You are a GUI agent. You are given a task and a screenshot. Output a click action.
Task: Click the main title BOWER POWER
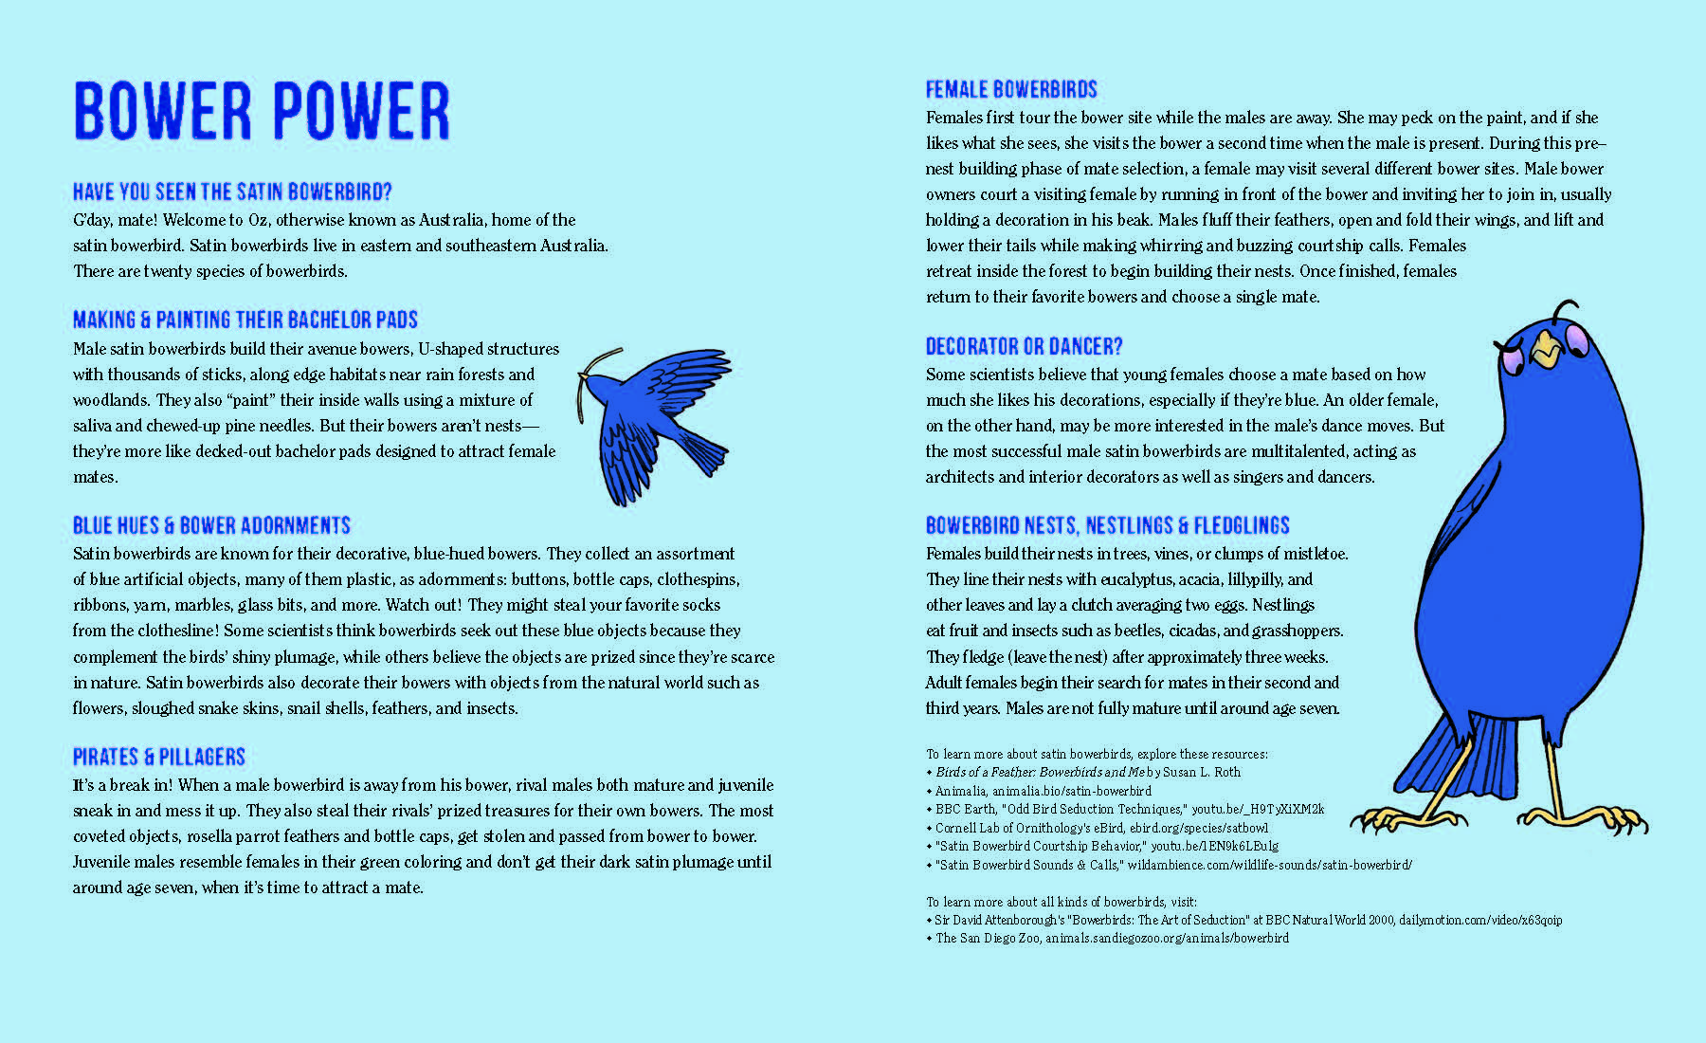point(262,112)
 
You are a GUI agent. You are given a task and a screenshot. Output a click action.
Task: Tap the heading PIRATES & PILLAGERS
point(159,757)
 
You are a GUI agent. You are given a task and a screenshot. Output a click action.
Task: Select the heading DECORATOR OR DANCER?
point(1024,346)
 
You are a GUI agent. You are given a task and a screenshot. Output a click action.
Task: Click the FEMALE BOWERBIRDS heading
point(1011,90)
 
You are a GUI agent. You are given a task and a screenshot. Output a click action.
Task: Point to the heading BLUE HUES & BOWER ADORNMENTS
point(211,525)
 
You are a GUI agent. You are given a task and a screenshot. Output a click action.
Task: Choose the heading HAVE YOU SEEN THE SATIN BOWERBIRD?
point(232,192)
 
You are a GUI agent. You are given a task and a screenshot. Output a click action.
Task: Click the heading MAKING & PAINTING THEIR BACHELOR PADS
point(245,320)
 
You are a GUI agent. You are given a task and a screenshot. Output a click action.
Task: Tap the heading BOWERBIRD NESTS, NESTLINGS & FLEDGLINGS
point(1107,525)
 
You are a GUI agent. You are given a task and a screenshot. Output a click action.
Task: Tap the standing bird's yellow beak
point(1546,351)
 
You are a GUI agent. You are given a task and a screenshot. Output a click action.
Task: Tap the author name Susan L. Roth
point(1201,772)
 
